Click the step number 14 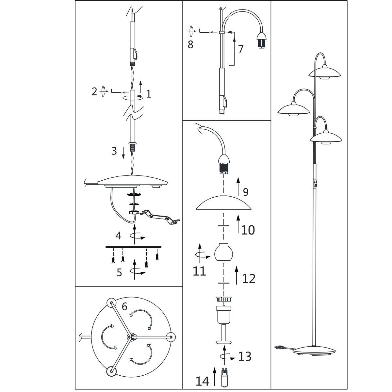pyautogui.click(x=203, y=381)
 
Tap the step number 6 pyautogui.click(x=124, y=306)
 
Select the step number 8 pyautogui.click(x=190, y=44)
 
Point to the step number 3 pyautogui.click(x=114, y=151)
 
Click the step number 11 pyautogui.click(x=199, y=271)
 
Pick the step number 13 pyautogui.click(x=245, y=356)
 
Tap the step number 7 pyautogui.click(x=241, y=49)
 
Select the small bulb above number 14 pyautogui.click(x=224, y=379)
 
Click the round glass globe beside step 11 pyautogui.click(x=224, y=252)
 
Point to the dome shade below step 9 pyautogui.click(x=223, y=203)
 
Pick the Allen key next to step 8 pyautogui.click(x=204, y=31)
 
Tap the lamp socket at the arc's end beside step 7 pyautogui.click(x=261, y=40)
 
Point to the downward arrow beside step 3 pyautogui.click(x=123, y=153)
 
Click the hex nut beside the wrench pyautogui.click(x=134, y=212)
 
